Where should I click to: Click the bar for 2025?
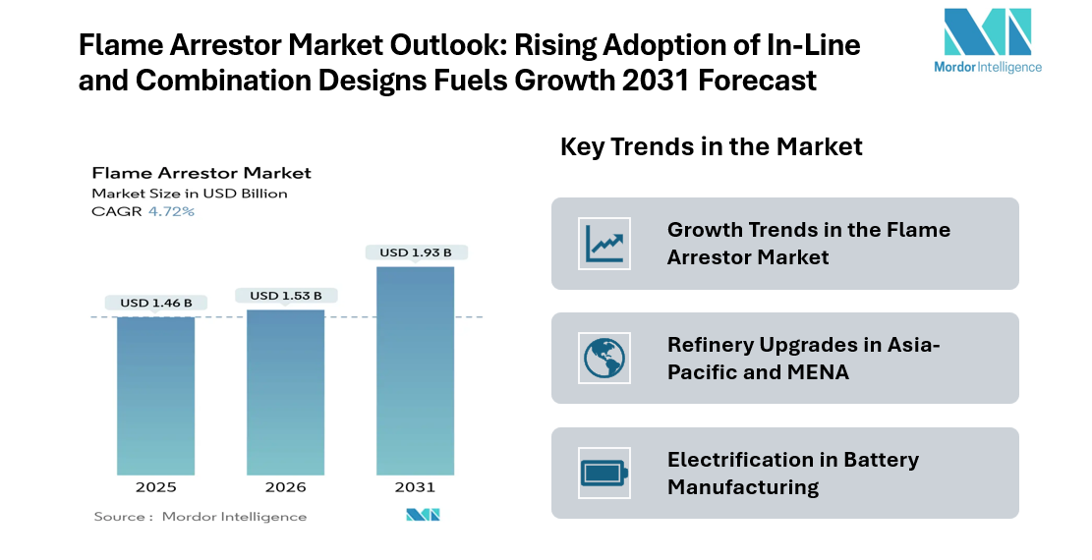155,396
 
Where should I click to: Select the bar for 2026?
285,392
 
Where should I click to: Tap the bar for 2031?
415,370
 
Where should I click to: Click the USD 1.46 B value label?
155,303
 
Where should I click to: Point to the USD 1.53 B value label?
285,295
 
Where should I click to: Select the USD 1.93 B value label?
415,252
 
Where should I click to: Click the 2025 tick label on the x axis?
155,487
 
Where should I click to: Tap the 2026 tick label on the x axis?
285,487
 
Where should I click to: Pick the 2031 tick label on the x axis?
415,487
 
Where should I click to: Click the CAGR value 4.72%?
171,211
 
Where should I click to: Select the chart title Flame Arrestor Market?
201,173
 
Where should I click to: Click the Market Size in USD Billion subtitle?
190,194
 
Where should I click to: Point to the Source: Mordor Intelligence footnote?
201,517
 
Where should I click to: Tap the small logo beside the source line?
423,515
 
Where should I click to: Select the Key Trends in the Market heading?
711,147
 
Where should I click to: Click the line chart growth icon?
604,244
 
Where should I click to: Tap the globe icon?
604,359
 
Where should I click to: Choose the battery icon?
604,474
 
